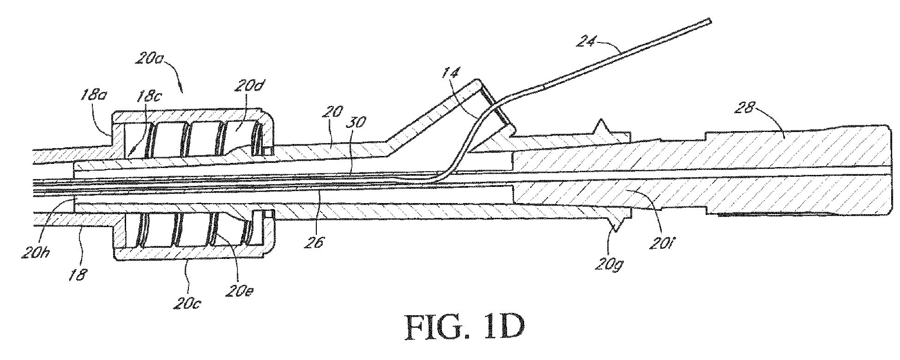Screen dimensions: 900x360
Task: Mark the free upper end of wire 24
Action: click(x=710, y=21)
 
